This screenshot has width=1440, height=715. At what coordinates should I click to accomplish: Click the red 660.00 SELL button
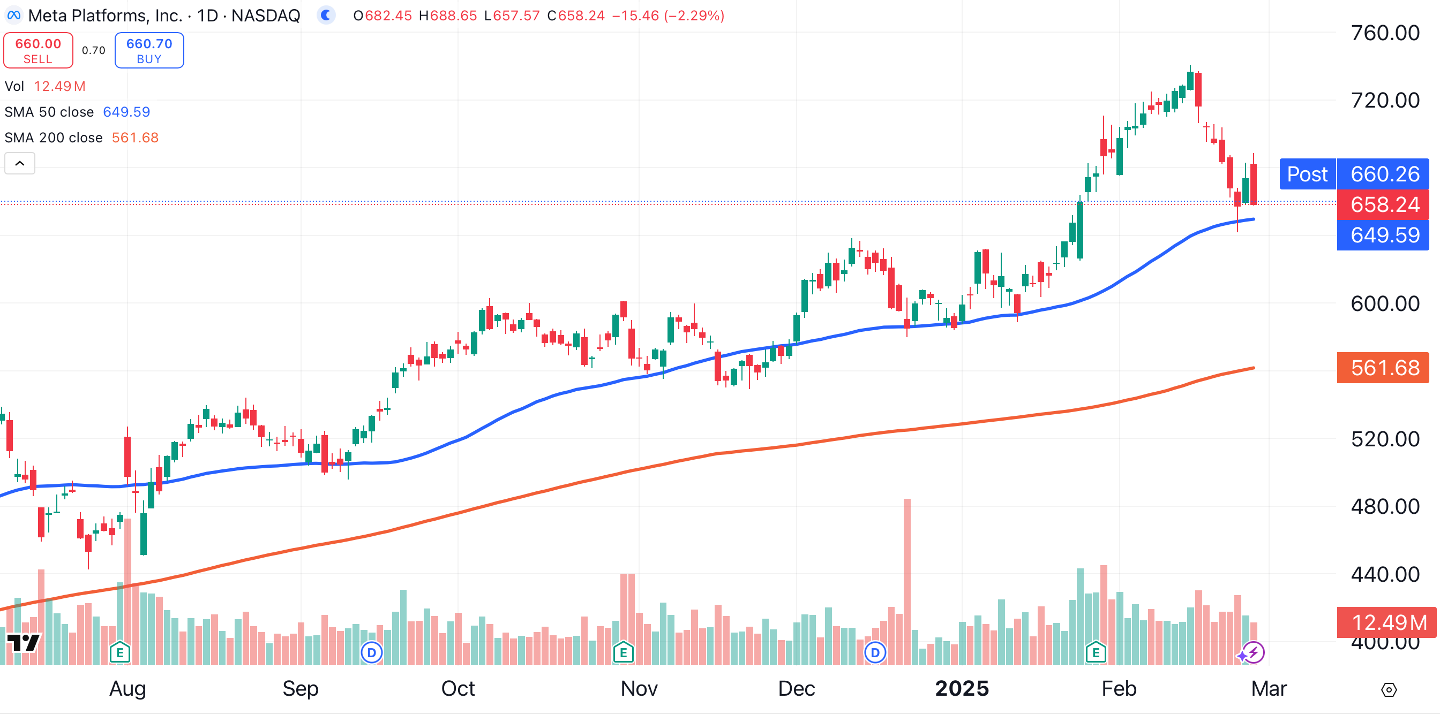(x=38, y=50)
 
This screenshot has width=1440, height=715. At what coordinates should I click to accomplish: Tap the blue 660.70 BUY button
(x=149, y=50)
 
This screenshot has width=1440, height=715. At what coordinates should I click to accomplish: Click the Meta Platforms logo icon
(x=13, y=15)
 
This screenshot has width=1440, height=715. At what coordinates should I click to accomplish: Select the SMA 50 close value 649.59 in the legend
(x=126, y=112)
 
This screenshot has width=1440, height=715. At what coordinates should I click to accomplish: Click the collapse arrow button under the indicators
(x=20, y=163)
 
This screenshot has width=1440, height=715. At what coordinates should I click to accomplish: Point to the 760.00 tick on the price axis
(x=1385, y=33)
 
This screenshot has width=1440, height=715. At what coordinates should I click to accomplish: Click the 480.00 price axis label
(x=1385, y=507)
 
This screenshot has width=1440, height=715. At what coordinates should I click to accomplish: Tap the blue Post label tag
(x=1307, y=174)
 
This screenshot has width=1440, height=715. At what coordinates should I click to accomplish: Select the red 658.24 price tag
(x=1385, y=204)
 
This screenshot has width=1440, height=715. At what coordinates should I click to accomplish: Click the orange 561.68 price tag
(x=1385, y=368)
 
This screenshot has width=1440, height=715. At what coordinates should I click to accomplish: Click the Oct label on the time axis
(x=458, y=688)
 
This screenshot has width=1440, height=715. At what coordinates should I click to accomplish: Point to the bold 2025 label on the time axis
(x=962, y=688)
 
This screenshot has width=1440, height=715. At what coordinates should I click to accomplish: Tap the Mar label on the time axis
(x=1269, y=688)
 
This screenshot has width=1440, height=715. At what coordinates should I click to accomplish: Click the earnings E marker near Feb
(x=1096, y=652)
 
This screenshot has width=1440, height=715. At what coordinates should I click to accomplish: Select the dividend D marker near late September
(x=371, y=652)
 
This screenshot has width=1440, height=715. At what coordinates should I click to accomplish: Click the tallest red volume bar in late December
(x=907, y=581)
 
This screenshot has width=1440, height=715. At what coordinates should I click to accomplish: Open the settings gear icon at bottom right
(x=1389, y=690)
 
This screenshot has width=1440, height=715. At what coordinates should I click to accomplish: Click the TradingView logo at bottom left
(x=24, y=642)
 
